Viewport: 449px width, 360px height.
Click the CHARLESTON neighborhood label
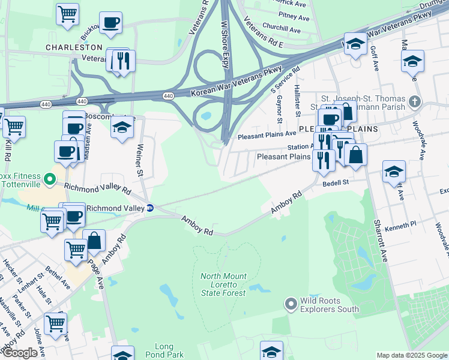coord(75,47)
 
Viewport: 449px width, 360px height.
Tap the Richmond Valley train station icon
coord(150,208)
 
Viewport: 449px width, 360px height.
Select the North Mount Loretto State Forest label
coord(223,284)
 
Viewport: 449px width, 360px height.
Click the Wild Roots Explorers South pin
coord(291,304)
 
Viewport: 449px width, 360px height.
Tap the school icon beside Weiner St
coord(122,127)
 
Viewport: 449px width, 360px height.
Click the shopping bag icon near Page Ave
coord(94,241)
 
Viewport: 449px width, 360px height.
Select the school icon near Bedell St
coord(394,172)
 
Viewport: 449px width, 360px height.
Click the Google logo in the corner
coord(20,353)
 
